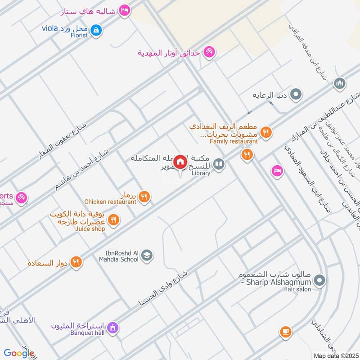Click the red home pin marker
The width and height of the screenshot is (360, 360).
click(180, 162)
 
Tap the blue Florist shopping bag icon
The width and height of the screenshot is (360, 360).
click(95, 30)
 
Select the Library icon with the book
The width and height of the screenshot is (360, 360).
click(219, 165)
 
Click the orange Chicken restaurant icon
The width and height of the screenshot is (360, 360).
click(144, 196)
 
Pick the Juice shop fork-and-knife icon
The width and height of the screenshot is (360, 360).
click(113, 220)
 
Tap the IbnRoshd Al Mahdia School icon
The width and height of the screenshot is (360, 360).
click(146, 256)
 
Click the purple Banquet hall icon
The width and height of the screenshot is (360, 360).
click(113, 327)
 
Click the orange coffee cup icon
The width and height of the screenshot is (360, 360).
click(285, 332)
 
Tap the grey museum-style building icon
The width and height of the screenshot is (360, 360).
click(340, 83)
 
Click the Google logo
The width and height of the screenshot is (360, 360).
click(19, 353)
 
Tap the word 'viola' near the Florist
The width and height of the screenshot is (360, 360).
click(50, 28)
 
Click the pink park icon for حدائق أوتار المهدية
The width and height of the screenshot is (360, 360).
click(209, 52)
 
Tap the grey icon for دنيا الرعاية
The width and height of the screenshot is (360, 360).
click(296, 94)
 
